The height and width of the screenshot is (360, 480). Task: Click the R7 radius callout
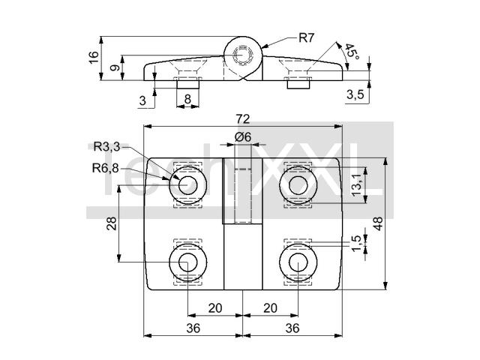pos(306,38)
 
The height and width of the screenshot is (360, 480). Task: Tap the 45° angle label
pos(352,52)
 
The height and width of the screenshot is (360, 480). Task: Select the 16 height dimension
pos(94,57)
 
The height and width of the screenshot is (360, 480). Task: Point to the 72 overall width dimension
pos(243,119)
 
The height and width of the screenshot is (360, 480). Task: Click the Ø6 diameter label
pos(243,136)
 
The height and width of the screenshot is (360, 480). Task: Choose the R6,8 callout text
pos(105,168)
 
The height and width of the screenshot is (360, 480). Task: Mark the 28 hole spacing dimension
pos(112,223)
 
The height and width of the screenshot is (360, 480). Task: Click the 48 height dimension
pos(378,223)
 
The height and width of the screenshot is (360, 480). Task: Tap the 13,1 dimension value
pos(357,185)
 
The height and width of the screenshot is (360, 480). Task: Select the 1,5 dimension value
pos(357,244)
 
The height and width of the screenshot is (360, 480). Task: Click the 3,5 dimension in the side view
pos(355,94)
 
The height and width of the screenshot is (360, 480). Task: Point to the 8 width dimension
pos(187,99)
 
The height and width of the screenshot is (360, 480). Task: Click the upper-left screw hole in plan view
pos(187,185)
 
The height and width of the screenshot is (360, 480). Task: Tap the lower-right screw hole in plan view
pos(298,262)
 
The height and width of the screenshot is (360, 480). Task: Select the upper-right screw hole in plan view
pos(298,185)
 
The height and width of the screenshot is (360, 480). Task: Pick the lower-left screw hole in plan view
pos(187,262)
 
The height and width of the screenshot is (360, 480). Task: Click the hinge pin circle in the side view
pos(243,55)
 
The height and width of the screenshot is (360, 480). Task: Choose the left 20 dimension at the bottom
pos(215,308)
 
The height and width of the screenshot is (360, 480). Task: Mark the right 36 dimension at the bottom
pos(292,328)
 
